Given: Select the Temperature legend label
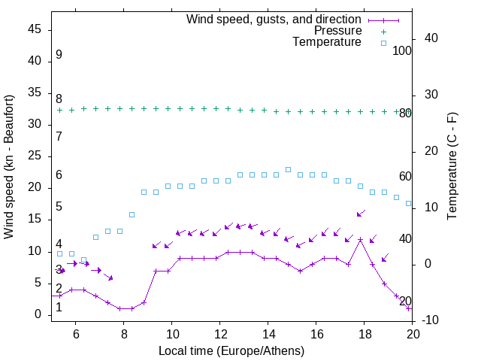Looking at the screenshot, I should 327,42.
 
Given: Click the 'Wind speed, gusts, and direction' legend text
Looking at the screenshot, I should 274,19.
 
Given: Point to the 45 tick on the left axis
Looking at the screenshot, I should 35,29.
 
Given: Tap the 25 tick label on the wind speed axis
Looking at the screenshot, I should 35,156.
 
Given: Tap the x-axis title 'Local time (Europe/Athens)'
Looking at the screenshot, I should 232,350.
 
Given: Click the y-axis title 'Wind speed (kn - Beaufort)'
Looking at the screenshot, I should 9,167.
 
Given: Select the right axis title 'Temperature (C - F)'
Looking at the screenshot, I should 452,167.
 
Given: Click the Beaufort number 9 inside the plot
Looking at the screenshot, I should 59,55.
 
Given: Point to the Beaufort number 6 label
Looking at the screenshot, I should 59,175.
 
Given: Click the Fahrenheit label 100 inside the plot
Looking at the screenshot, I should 402,50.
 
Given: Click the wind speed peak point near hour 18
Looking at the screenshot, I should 361,239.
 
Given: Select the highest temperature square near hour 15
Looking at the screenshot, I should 288,169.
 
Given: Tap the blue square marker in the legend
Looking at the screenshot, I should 383,43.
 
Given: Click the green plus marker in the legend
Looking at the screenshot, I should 383,31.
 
